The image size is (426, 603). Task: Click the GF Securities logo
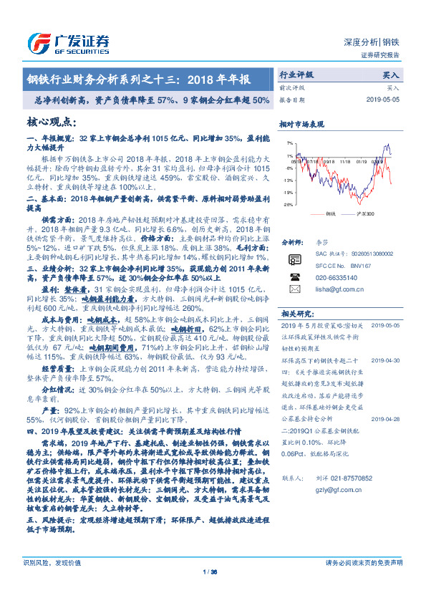tap(69, 41)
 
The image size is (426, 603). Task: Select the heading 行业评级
tap(296, 74)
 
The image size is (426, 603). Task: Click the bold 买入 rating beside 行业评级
tap(391, 74)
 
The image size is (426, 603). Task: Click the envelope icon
tap(294, 288)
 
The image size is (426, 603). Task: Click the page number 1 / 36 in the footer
tap(213, 592)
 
